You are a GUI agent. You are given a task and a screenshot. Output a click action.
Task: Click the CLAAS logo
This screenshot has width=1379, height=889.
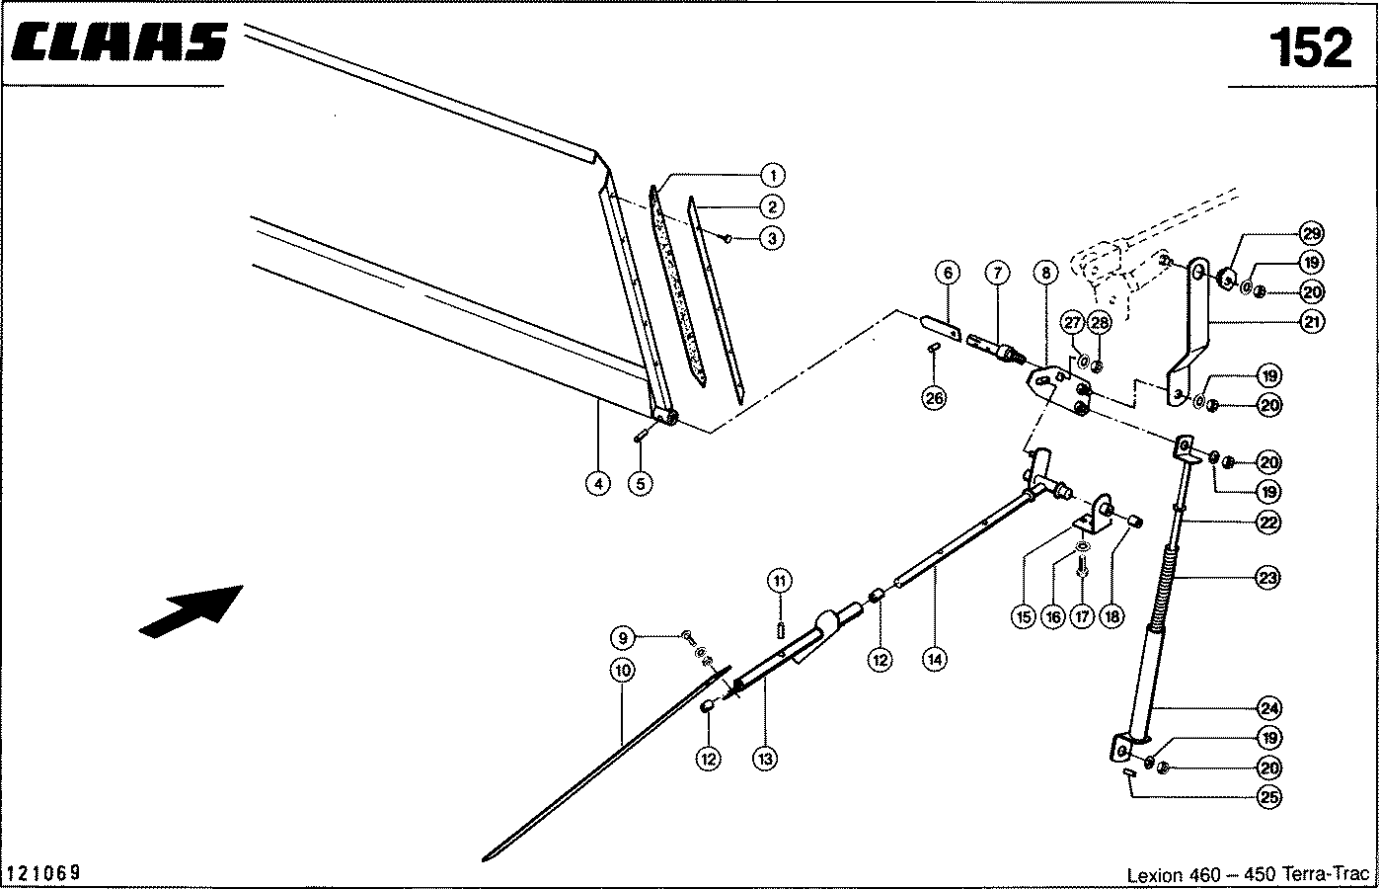[118, 42]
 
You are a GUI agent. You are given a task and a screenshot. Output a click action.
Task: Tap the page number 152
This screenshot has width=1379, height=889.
[1310, 48]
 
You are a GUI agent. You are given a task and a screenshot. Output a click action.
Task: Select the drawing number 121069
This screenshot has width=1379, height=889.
[43, 873]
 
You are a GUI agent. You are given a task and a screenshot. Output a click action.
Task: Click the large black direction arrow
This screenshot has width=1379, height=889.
[191, 611]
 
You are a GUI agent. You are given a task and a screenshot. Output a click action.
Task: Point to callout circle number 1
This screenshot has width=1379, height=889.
[773, 176]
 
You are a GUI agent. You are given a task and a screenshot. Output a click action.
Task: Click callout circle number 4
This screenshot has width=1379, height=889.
[598, 484]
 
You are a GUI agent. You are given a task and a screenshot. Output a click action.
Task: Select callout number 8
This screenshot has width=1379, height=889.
[1046, 273]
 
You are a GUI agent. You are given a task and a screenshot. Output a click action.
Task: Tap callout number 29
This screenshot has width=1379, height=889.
[1311, 233]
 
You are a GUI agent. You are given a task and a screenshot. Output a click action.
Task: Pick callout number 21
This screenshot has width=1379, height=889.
[1311, 322]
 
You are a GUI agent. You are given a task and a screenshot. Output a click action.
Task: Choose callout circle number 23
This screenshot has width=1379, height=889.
[1268, 578]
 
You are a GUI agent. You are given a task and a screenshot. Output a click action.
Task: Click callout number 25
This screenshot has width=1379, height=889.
[1269, 797]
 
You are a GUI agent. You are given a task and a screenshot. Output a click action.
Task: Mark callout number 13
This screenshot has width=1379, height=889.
[765, 759]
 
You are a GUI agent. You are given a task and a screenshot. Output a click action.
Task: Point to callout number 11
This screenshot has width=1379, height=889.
[780, 581]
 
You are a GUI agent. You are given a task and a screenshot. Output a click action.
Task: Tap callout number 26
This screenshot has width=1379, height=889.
[935, 399]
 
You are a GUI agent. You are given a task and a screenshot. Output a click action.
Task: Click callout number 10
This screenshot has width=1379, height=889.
[623, 671]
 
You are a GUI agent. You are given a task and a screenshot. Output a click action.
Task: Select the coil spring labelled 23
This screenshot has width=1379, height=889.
[1164, 589]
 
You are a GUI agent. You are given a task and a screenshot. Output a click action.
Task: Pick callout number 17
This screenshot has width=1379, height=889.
[1082, 616]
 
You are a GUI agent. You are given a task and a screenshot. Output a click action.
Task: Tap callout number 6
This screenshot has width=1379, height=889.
[948, 273]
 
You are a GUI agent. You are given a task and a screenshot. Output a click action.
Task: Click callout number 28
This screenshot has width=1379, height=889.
[1100, 322]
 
